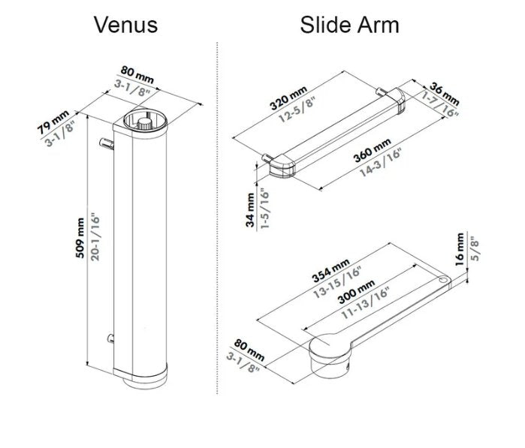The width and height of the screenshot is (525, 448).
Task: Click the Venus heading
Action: coord(125,25)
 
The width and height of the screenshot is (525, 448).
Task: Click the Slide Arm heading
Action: coord(349,25)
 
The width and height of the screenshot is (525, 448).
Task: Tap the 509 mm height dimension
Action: coord(80,238)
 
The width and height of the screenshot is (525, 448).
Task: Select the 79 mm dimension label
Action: coord(53,122)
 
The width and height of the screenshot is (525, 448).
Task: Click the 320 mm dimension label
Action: coord(288,98)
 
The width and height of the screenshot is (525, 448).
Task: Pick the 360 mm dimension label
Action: coord(372,150)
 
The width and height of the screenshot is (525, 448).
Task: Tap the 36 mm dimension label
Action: coord(445,93)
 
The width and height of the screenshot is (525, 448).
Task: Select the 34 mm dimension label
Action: coord(250,210)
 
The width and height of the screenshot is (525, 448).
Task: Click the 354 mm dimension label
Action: coord(330,270)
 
